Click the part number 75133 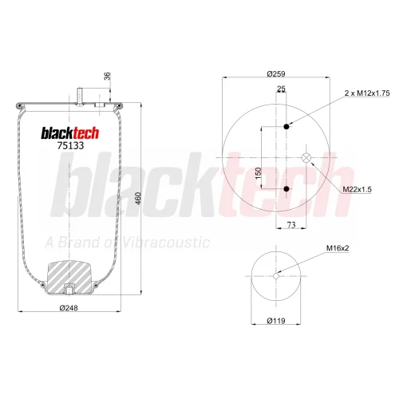point(70,145)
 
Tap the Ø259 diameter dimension point(276,73)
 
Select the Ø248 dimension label point(69,308)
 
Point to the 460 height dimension point(138,198)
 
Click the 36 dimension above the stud point(107,76)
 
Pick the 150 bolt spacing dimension point(258,173)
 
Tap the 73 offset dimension point(291,225)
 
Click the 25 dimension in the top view point(281,89)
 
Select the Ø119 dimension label point(276,321)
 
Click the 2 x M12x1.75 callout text point(367,93)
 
